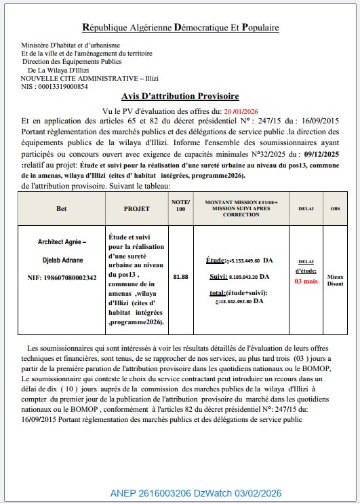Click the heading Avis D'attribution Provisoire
tap(180, 96)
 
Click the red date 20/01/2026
tap(241, 111)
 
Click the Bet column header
tap(62, 209)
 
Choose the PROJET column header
tap(136, 209)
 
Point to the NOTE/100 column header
tap(180, 206)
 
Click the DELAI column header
tap(306, 209)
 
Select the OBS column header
tap(336, 209)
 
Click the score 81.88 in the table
tap(180, 277)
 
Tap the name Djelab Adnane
tap(62, 260)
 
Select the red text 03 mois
tap(306, 281)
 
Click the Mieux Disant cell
tap(336, 281)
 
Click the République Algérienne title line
tap(180, 28)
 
